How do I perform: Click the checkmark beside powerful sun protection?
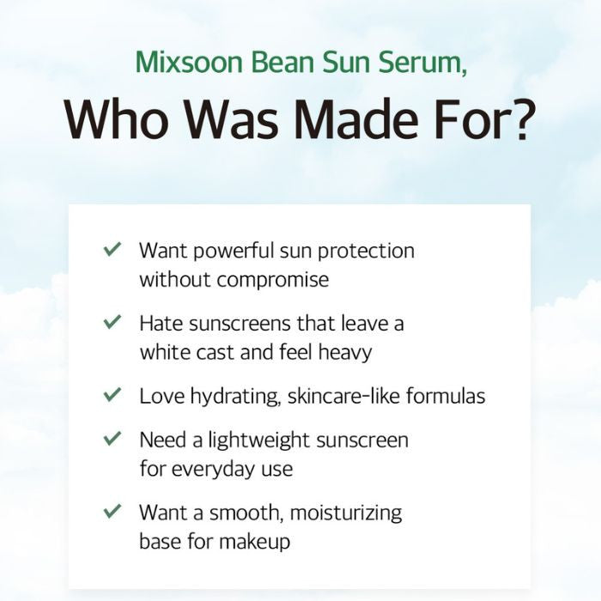tap(112, 250)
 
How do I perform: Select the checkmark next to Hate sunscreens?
tap(112, 322)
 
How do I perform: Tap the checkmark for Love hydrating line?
tap(112, 395)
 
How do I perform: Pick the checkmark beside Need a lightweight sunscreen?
tap(112, 439)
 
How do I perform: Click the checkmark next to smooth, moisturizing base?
tap(112, 512)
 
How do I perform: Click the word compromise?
tap(272, 281)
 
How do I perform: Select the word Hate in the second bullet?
tap(160, 323)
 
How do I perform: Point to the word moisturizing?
tap(346, 513)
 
